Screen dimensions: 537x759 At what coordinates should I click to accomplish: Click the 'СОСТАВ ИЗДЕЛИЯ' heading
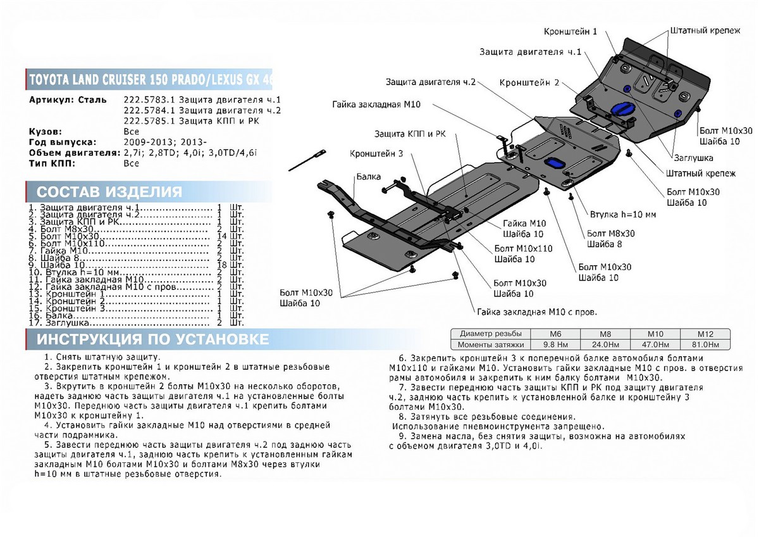tap(109, 192)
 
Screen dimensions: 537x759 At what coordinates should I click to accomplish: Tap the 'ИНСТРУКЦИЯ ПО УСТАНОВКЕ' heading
tap(152, 339)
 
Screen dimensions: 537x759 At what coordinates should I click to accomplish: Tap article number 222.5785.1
tap(146, 121)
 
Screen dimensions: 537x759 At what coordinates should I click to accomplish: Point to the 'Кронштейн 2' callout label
tap(529, 83)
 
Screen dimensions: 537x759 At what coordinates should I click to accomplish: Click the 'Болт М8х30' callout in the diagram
tap(610, 233)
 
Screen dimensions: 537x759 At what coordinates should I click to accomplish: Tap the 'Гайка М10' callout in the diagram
tap(524, 224)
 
